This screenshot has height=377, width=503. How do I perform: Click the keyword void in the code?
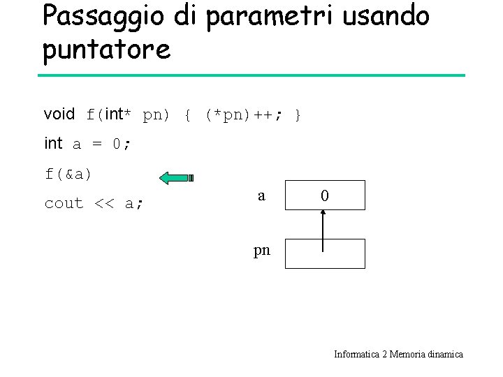pyautogui.click(x=59, y=114)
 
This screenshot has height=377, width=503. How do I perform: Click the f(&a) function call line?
pyautogui.click(x=68, y=174)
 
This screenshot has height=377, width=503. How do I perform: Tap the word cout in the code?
pyautogui.click(x=64, y=204)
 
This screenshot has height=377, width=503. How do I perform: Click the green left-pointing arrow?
pyautogui.click(x=175, y=178)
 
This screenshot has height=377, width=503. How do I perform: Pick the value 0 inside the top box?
pyautogui.click(x=324, y=196)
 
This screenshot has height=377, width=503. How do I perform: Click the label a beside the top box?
pyautogui.click(x=261, y=196)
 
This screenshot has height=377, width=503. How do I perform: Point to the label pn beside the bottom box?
pyautogui.click(x=261, y=250)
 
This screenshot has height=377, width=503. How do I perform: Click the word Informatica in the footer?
pyautogui.click(x=356, y=355)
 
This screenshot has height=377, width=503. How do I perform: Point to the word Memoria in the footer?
pyautogui.click(x=404, y=355)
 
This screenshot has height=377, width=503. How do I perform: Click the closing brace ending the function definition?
pyautogui.click(x=298, y=114)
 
